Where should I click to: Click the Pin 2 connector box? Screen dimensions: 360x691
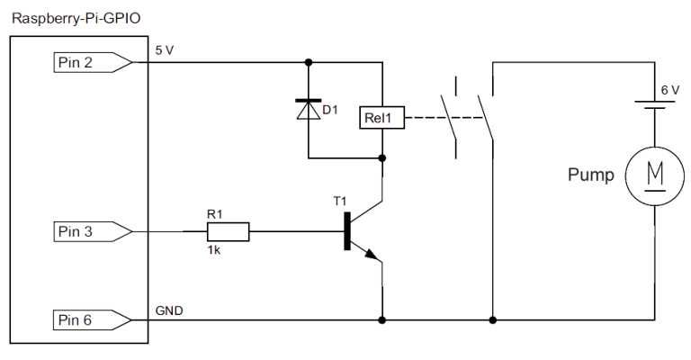(x=84, y=62)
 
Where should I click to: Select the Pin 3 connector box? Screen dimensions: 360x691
(x=84, y=231)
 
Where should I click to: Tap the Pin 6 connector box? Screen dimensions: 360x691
(x=84, y=319)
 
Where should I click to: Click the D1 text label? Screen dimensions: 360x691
(x=330, y=110)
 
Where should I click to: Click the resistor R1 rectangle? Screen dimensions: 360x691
(x=224, y=231)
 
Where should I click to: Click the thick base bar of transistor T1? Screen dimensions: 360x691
(x=347, y=231)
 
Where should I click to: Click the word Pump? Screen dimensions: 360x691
(x=590, y=175)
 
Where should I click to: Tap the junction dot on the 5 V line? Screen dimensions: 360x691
(x=309, y=62)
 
